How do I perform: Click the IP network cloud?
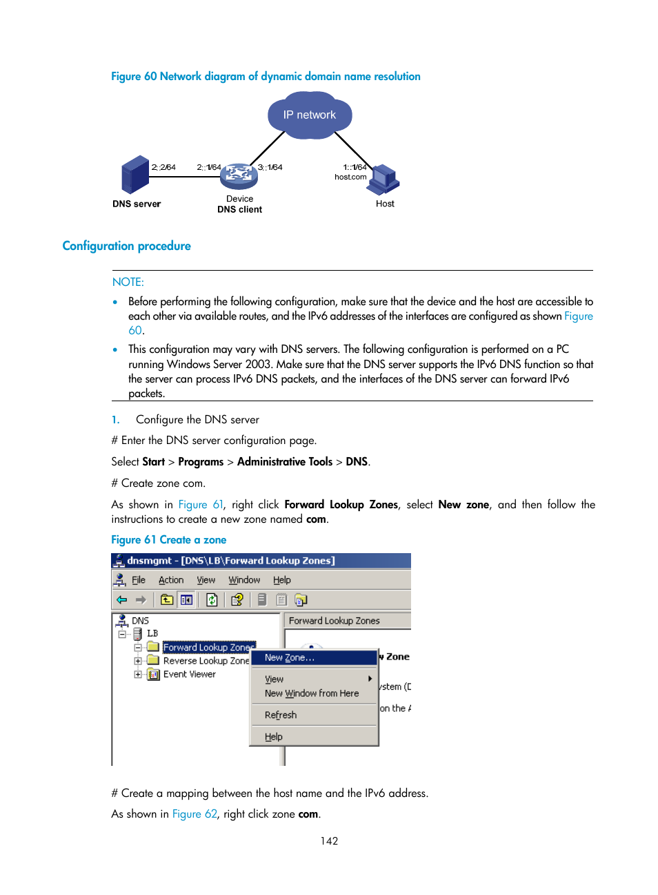[310, 115]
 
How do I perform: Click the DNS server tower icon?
[135, 175]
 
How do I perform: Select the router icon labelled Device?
[239, 176]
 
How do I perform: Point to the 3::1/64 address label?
[270, 167]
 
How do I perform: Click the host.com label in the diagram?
[350, 177]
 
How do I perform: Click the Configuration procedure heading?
[126, 246]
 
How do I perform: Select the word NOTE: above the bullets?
[128, 282]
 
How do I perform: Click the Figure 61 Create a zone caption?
[168, 540]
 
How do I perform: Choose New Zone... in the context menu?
[290, 657]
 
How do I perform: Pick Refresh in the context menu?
[281, 715]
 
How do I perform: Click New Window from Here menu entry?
[312, 693]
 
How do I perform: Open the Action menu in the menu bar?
[171, 580]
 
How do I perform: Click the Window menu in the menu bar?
[244, 580]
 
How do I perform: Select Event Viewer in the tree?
[189, 674]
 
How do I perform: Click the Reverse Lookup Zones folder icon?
[153, 661]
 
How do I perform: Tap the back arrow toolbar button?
[122, 599]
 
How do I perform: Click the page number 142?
[329, 840]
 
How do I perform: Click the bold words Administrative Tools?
[284, 461]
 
